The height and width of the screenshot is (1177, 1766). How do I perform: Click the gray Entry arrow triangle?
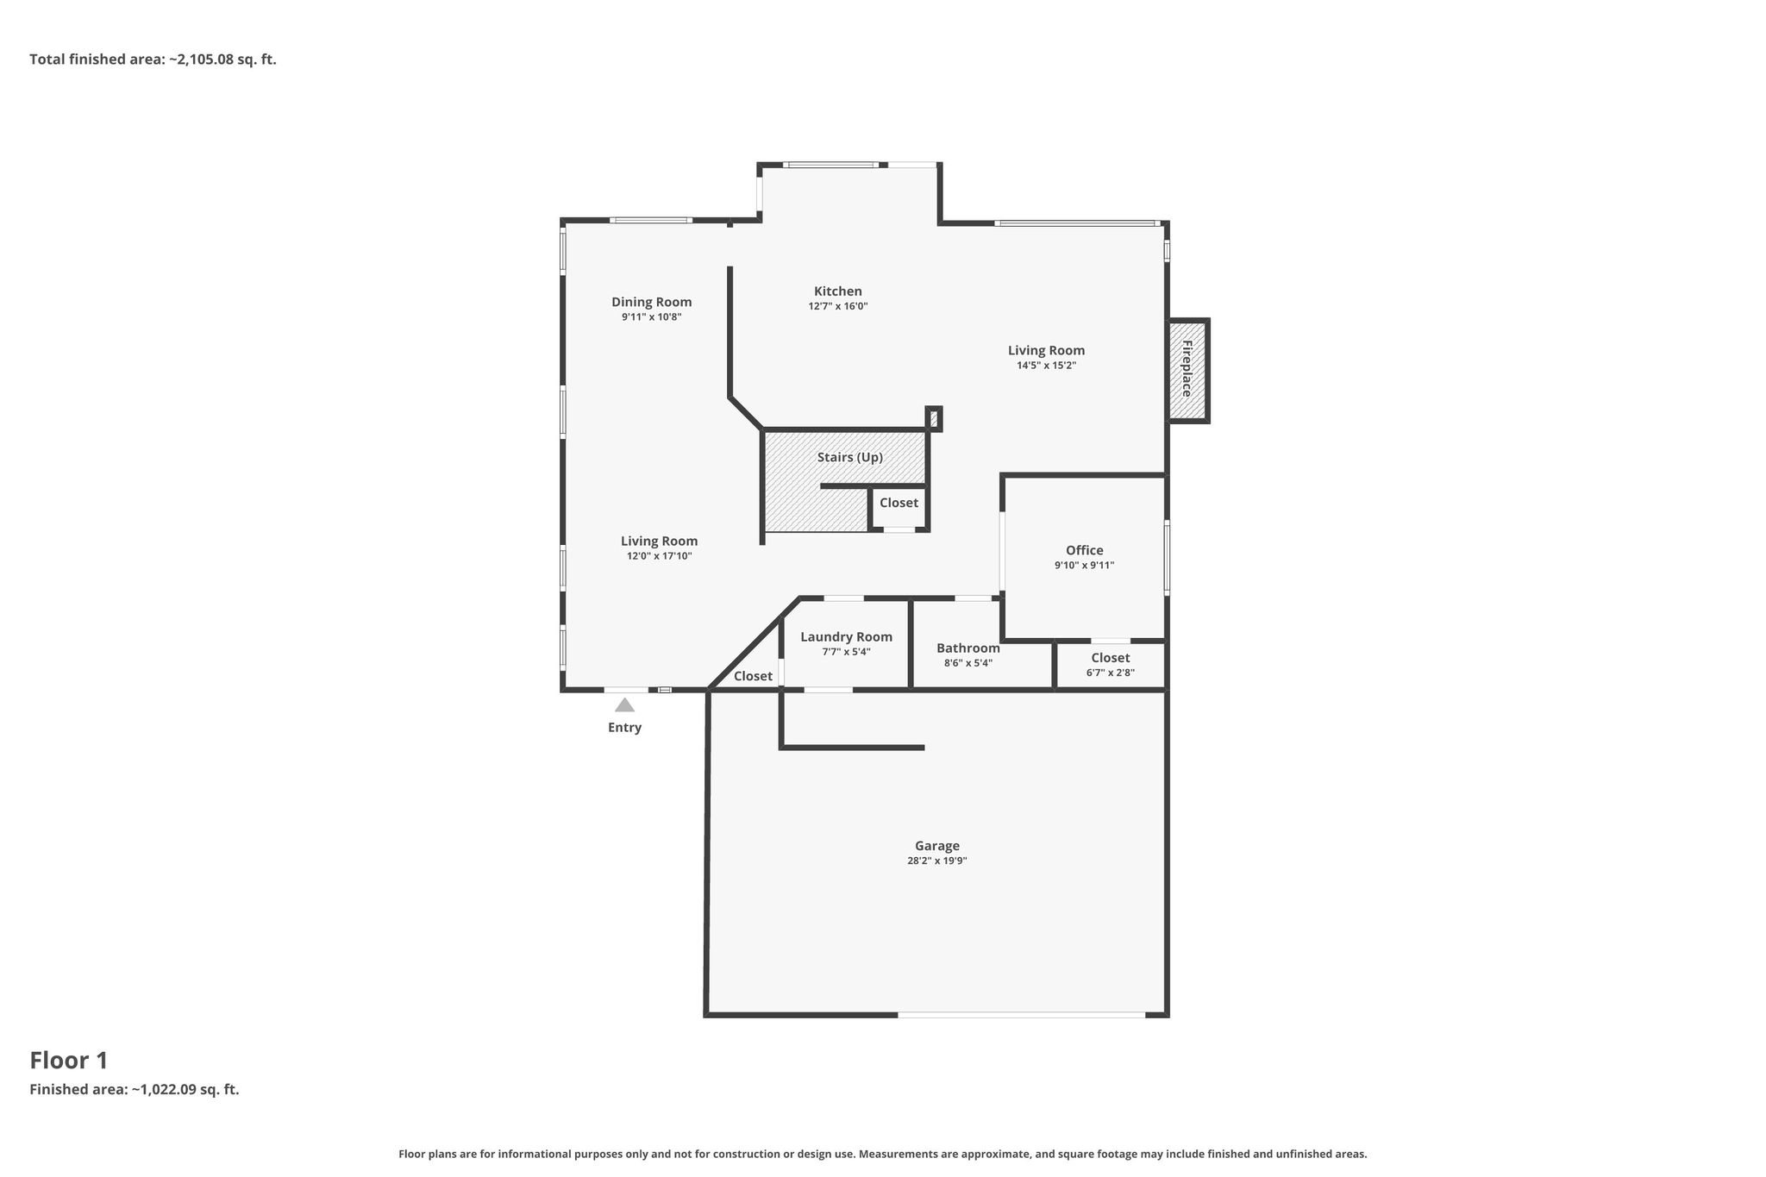624,705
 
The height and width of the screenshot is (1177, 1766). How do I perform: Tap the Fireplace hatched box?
1188,371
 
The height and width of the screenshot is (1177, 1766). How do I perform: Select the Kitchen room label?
838,291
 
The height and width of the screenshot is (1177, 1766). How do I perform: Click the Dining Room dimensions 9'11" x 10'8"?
652,317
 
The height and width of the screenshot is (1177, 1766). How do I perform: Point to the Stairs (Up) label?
850,457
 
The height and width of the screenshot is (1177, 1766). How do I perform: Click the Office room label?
1085,550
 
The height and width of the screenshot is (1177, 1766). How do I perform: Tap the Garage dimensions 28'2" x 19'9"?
937,861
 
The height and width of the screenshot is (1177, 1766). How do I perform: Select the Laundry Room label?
847,637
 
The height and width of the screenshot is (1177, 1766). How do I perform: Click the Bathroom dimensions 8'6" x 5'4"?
968,663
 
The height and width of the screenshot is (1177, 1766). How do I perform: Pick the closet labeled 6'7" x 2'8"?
1111,665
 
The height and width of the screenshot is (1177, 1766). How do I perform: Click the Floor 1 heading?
69,1061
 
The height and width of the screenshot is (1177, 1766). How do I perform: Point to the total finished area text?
153,59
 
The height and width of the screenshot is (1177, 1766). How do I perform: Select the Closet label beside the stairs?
899,503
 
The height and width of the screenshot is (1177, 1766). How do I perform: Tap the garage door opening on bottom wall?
1022,1015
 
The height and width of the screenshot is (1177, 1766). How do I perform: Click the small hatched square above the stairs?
934,419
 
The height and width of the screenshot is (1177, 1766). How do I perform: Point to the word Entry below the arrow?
625,728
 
